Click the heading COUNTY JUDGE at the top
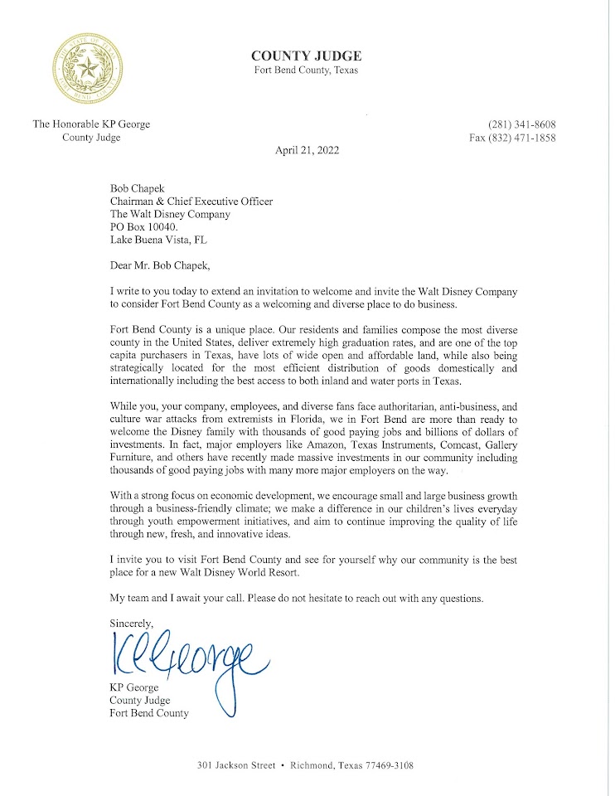point(306,56)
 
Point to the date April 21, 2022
point(306,151)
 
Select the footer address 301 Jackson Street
point(236,766)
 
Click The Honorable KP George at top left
point(91,124)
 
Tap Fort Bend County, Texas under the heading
point(306,70)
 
